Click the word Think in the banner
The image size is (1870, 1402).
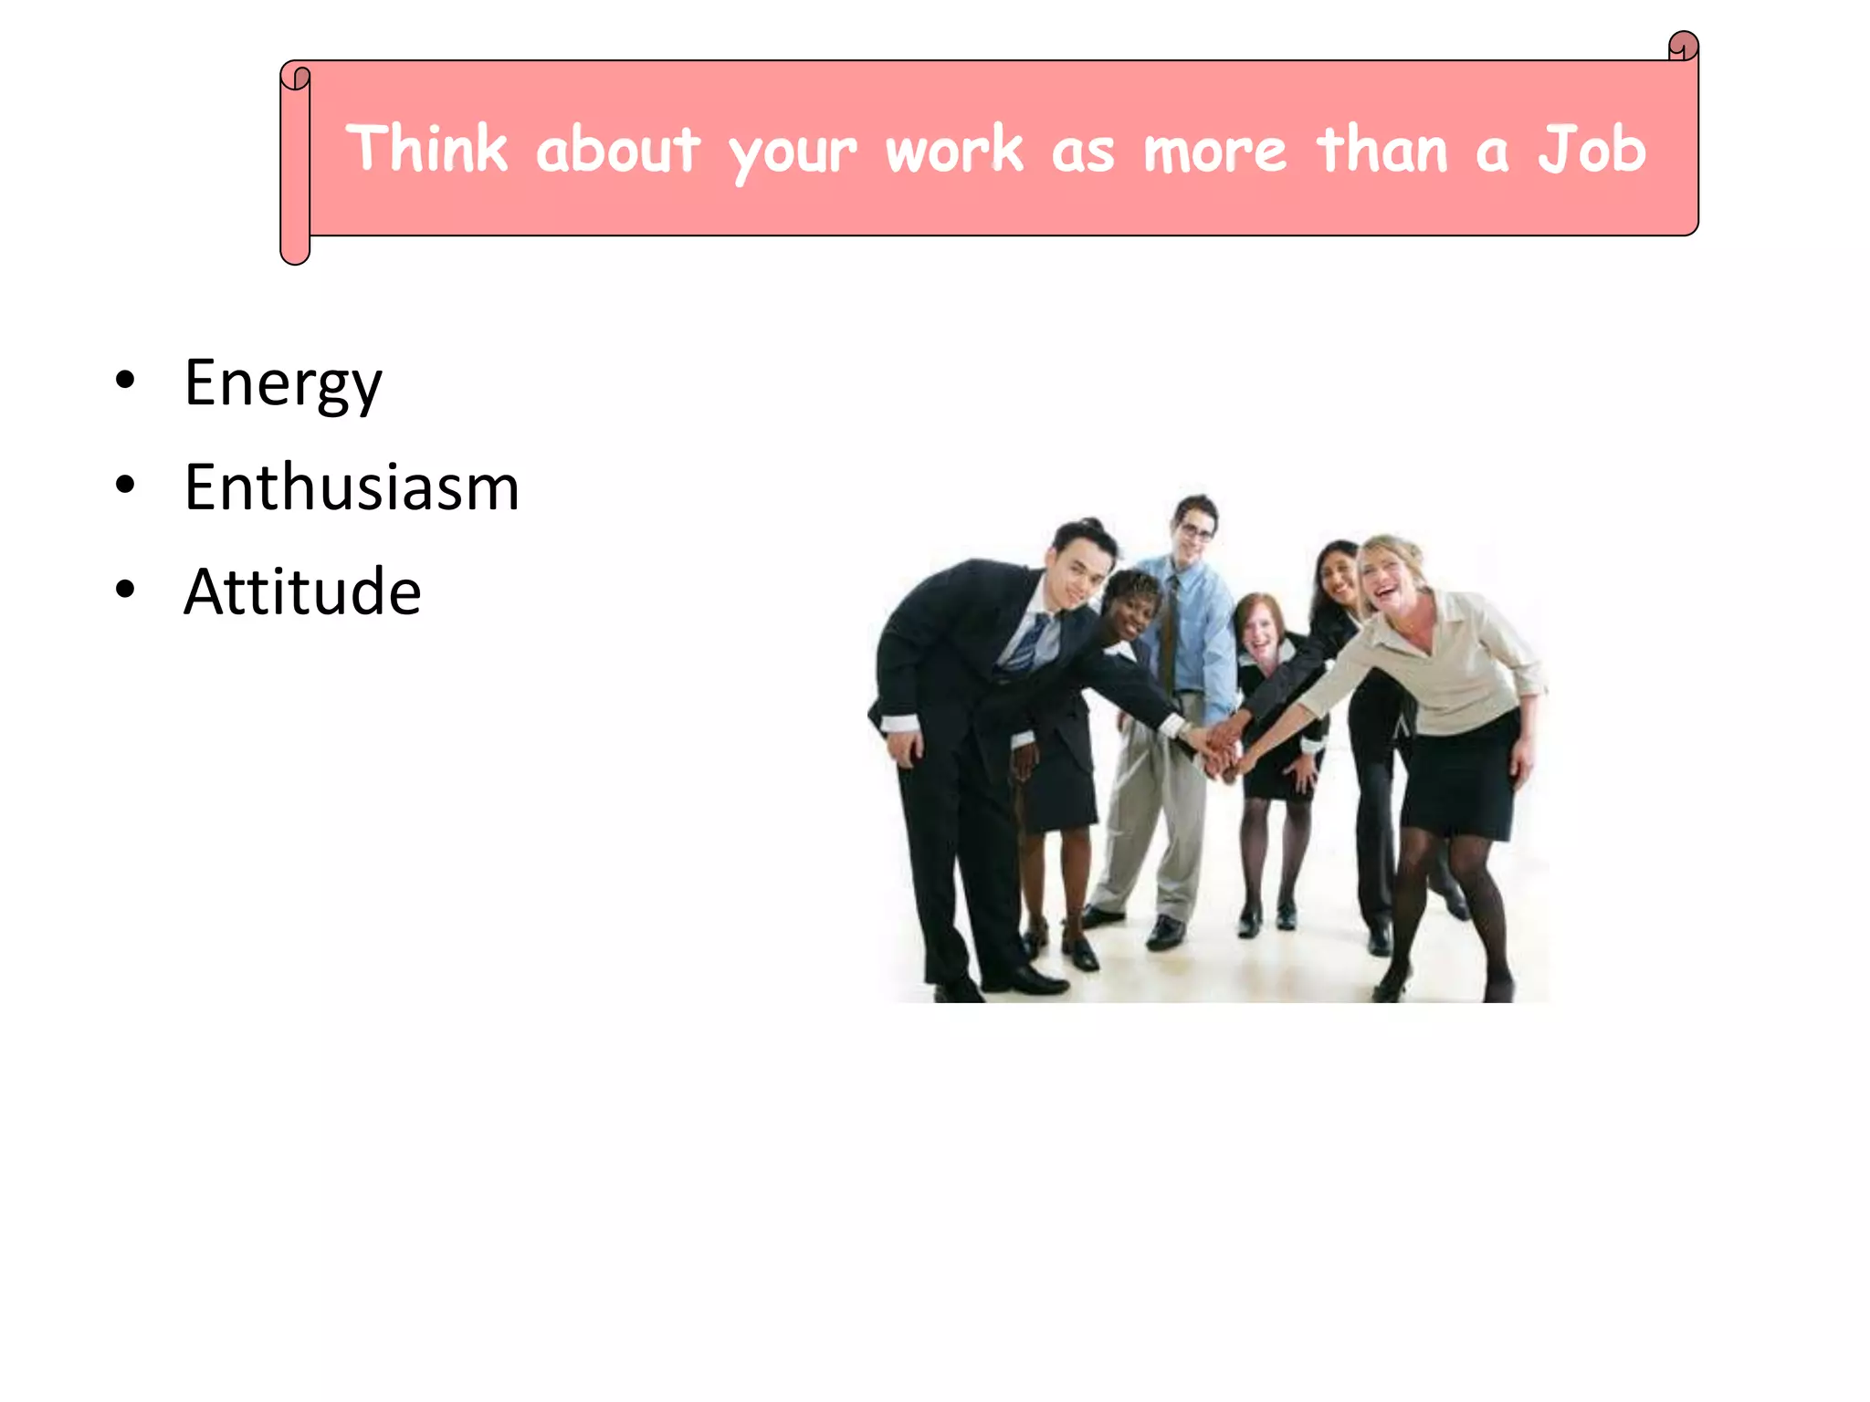pyautogui.click(x=426, y=149)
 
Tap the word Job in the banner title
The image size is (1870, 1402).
pyautogui.click(x=1592, y=149)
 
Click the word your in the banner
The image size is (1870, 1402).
pyautogui.click(x=793, y=153)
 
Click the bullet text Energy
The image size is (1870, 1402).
pyautogui.click(x=283, y=383)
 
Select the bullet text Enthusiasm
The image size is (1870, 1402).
pyautogui.click(x=352, y=487)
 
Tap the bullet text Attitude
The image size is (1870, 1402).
pyautogui.click(x=302, y=592)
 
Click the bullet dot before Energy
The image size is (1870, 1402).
pyautogui.click(x=125, y=381)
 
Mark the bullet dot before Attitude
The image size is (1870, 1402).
pyautogui.click(x=125, y=590)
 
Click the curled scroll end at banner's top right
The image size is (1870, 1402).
pyautogui.click(x=1683, y=46)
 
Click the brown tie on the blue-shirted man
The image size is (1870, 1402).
pyautogui.click(x=1169, y=639)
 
